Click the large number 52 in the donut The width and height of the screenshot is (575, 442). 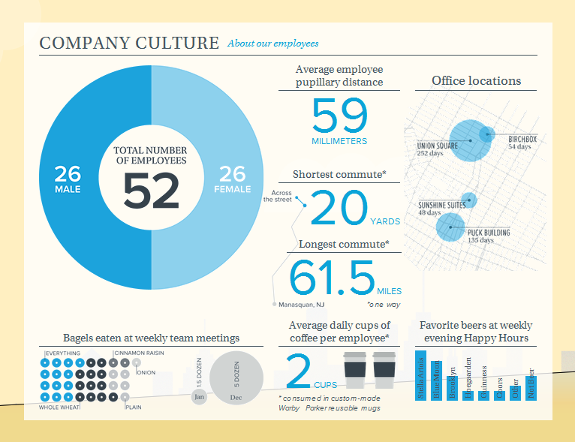[151, 191]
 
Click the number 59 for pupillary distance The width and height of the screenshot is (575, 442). [339, 116]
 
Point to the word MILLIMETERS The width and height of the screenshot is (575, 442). [339, 141]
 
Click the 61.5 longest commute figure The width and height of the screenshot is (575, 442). [332, 278]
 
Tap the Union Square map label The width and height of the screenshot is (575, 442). [438, 146]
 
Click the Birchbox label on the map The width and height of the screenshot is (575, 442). [522, 140]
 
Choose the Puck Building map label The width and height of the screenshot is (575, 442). [489, 233]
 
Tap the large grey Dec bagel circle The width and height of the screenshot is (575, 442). [236, 380]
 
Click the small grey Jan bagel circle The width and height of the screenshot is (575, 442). [199, 395]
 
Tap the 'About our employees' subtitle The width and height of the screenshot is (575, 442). [273, 44]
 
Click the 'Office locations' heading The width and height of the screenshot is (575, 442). [476, 81]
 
